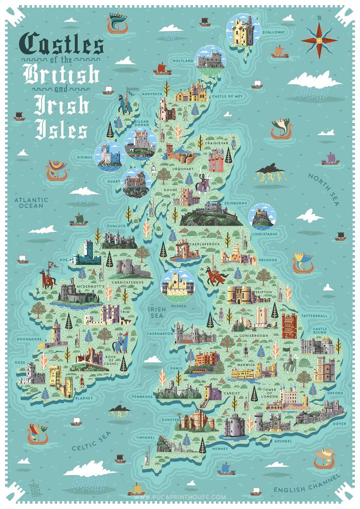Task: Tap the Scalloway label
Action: (273, 32)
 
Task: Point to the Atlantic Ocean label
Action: (31, 203)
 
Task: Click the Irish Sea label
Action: (155, 313)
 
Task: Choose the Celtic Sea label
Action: (91, 441)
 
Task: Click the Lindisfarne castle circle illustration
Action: (262, 216)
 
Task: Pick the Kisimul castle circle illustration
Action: (109, 156)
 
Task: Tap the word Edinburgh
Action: (237, 203)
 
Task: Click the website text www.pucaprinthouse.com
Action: (179, 497)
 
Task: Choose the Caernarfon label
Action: (159, 333)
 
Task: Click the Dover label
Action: (339, 424)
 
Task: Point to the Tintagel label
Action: (146, 438)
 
